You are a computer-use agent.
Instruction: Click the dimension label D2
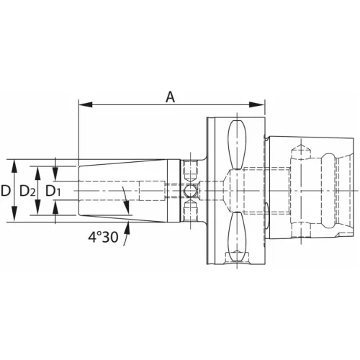click(29, 191)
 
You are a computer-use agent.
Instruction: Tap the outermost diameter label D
click(6, 191)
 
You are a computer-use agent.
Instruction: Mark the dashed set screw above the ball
click(190, 171)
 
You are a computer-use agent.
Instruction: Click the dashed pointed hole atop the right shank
click(301, 151)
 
